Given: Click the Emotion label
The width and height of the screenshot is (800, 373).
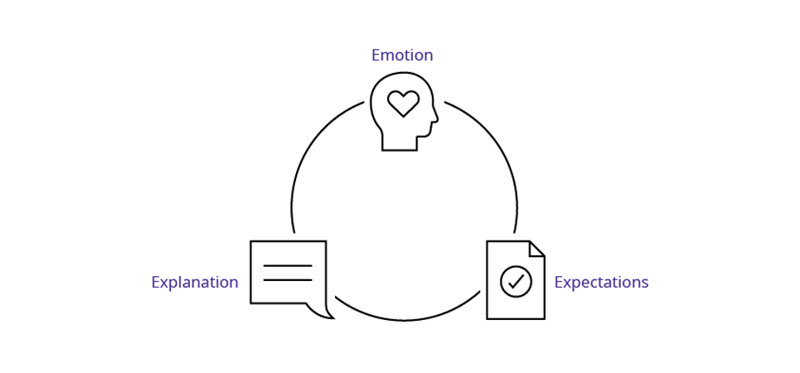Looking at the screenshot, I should [402, 56].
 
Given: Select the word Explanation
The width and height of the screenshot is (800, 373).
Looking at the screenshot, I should [194, 283].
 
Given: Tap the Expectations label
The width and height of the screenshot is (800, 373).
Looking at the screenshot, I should [601, 283].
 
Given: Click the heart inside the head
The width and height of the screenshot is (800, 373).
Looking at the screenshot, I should [404, 103].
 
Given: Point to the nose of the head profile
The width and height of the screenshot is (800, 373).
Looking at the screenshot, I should [435, 118].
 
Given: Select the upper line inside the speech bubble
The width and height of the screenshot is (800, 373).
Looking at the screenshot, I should [288, 266].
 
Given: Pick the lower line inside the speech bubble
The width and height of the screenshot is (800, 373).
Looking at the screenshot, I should [288, 280].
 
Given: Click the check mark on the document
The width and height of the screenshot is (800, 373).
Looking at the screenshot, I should [516, 282].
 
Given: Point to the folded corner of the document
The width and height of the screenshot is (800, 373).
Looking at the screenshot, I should [536, 249].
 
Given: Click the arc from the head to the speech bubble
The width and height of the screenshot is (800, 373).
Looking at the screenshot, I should [311, 149].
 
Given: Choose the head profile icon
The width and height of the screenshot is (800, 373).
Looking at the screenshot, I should [403, 111].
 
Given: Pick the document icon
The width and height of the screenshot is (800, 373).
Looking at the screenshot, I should [515, 280].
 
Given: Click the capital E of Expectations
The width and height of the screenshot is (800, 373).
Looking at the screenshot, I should [558, 283].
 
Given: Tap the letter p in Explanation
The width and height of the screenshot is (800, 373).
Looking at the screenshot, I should [170, 284].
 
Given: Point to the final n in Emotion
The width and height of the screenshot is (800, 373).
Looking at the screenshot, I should [428, 56].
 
